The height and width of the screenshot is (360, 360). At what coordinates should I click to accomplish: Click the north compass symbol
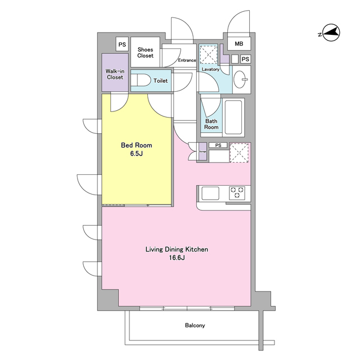pyautogui.click(x=331, y=33)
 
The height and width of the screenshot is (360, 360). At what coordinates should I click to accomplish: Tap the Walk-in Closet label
pyautogui.click(x=115, y=74)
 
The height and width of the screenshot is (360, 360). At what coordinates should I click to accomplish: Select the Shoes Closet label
pyautogui.click(x=145, y=52)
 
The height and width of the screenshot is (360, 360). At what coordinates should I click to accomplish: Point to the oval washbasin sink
pyautogui.click(x=241, y=79)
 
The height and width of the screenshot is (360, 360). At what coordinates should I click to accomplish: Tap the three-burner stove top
pyautogui.click(x=237, y=192)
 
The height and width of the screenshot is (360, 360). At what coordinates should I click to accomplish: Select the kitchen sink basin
pyautogui.click(x=210, y=193)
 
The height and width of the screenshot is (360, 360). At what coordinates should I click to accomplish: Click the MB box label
pyautogui.click(x=238, y=44)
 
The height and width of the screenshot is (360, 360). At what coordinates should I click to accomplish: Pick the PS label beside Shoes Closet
pyautogui.click(x=122, y=44)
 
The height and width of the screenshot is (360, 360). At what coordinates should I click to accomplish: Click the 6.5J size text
pyautogui.click(x=136, y=154)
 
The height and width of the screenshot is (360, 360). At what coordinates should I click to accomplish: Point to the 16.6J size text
pyautogui.click(x=177, y=258)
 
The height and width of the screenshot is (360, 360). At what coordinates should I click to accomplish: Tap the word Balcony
pyautogui.click(x=195, y=325)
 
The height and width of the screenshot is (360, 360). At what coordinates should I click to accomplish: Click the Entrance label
pyautogui.click(x=187, y=60)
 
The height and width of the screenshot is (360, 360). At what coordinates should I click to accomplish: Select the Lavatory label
pyautogui.click(x=210, y=69)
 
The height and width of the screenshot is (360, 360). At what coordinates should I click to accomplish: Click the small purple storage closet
pyautogui.click(x=202, y=151)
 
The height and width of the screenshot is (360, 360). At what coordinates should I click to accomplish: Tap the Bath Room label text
pyautogui.click(x=211, y=124)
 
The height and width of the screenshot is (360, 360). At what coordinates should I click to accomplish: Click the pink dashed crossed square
pyautogui.click(x=239, y=152)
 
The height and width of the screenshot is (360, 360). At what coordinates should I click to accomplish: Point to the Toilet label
pyautogui.click(x=160, y=81)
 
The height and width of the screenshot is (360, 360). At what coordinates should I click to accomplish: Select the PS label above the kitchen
pyautogui.click(x=218, y=145)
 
